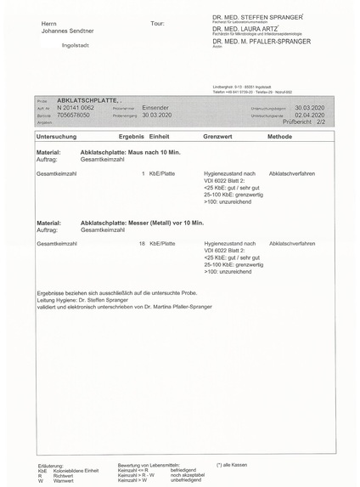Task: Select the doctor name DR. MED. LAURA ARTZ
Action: [247, 28]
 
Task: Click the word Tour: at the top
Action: [156, 23]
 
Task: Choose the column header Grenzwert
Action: [217, 136]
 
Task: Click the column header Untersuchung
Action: [57, 136]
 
